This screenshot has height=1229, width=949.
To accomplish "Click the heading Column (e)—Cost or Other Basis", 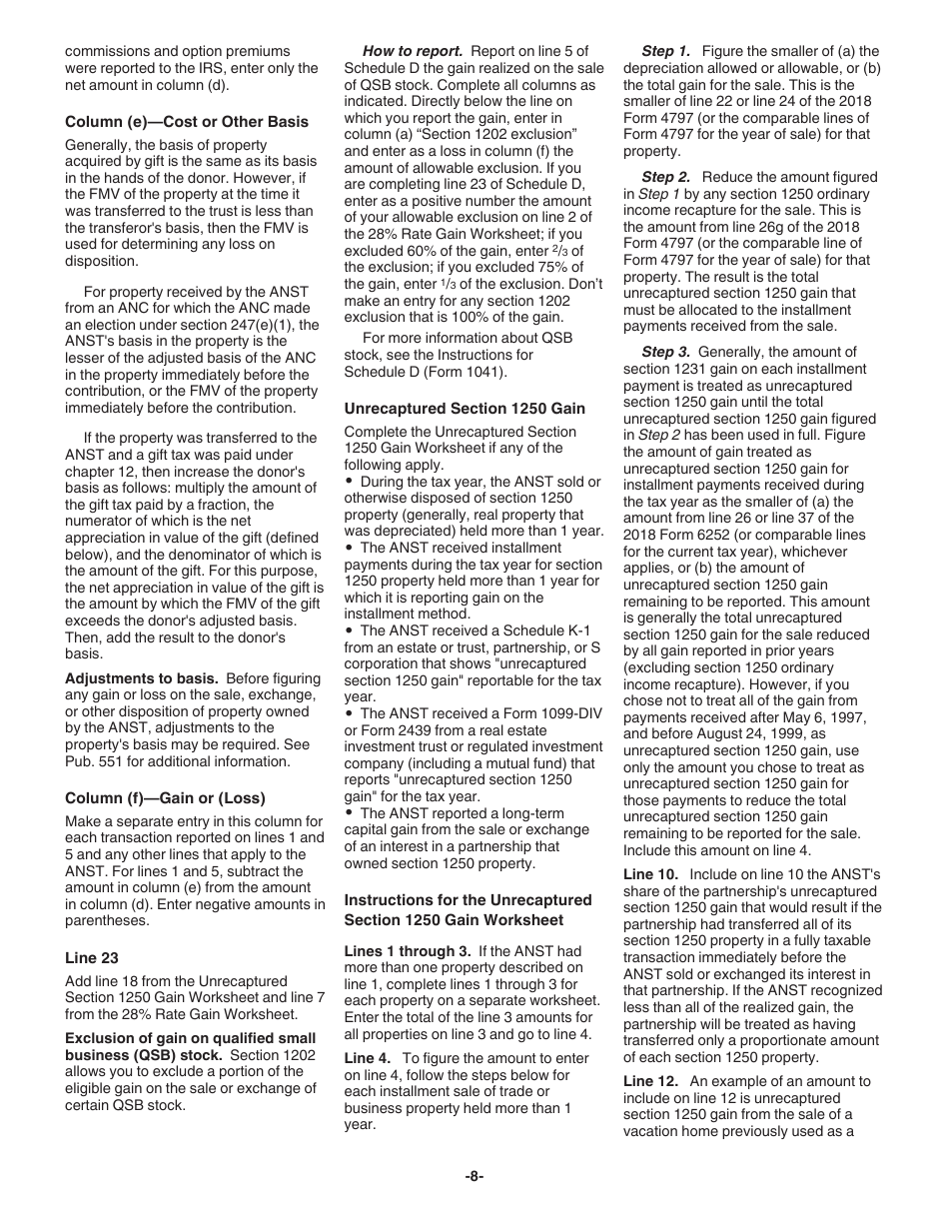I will coord(187,122).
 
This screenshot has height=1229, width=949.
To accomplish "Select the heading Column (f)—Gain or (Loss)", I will coord(166,798).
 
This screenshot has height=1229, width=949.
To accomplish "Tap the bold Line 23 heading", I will coord(92,957).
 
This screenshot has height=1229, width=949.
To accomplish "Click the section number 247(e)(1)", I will coord(275,325).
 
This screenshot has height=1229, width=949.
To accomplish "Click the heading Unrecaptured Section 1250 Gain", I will coord(465,408).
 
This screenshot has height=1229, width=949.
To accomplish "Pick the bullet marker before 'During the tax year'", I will coord(349,482).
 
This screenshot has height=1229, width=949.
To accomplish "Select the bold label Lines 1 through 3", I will coord(405,951).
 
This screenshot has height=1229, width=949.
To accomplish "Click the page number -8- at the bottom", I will coord(474,1176).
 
